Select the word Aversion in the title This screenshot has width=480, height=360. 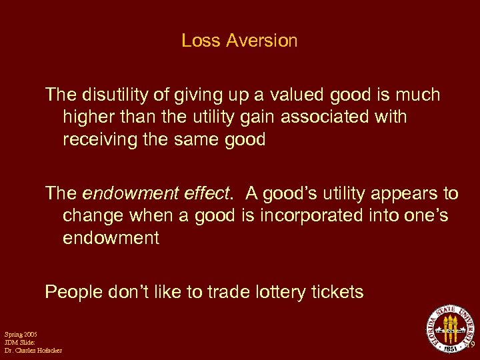pyautogui.click(x=261, y=41)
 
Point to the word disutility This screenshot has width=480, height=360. pyautogui.click(x=112, y=95)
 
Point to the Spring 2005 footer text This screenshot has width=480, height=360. pyautogui.click(x=21, y=333)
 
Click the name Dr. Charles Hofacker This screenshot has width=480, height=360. pyautogui.click(x=33, y=351)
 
